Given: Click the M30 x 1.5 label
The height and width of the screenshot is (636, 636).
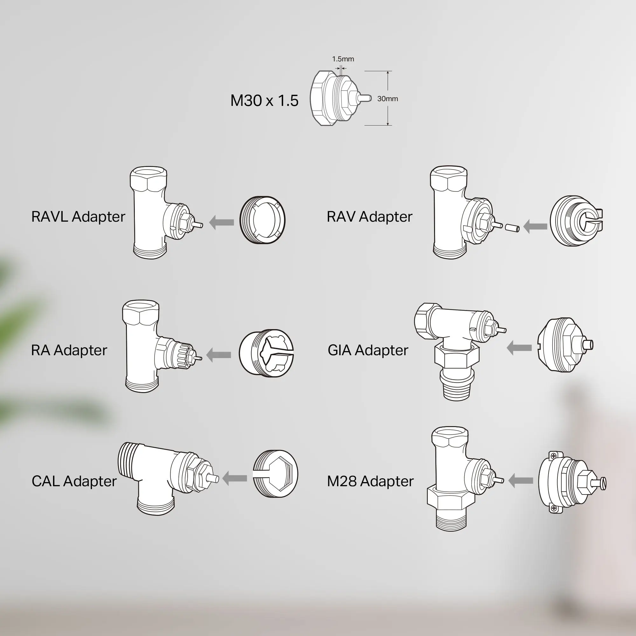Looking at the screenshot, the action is click(x=264, y=100).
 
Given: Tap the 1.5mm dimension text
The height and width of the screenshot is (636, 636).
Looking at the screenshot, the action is click(x=343, y=59).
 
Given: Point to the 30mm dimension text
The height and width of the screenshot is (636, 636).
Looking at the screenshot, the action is click(x=387, y=99).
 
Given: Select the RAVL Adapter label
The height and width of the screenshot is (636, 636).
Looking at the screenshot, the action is click(x=78, y=217).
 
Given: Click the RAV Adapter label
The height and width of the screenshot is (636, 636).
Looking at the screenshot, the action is click(x=369, y=217).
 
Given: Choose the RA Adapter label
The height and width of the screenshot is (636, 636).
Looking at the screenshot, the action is click(x=69, y=350).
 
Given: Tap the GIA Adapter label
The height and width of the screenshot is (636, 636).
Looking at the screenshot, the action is click(x=368, y=350).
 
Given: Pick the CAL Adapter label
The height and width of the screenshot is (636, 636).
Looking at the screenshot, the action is click(x=74, y=481).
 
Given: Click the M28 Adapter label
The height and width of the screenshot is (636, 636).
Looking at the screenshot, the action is click(x=370, y=481).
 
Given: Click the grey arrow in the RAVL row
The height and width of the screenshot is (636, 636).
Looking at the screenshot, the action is click(x=222, y=223).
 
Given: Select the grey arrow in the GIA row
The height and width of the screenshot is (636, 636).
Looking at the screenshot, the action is click(x=519, y=348).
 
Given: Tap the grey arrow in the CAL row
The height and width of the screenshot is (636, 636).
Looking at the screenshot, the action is click(x=235, y=478).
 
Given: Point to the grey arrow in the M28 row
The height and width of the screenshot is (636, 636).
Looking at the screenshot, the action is click(x=521, y=481).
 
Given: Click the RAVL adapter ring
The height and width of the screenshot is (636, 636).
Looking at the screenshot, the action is click(x=262, y=220).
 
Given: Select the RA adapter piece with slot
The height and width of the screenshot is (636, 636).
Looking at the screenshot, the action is click(x=266, y=354).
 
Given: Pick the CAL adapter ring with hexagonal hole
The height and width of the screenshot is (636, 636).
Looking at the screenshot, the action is click(x=275, y=474).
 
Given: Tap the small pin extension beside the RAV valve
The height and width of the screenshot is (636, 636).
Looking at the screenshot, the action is click(x=513, y=227).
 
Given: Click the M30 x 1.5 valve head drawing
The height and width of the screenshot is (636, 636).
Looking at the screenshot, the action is click(x=341, y=98).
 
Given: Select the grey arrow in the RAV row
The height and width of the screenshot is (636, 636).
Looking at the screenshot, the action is click(x=535, y=226).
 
